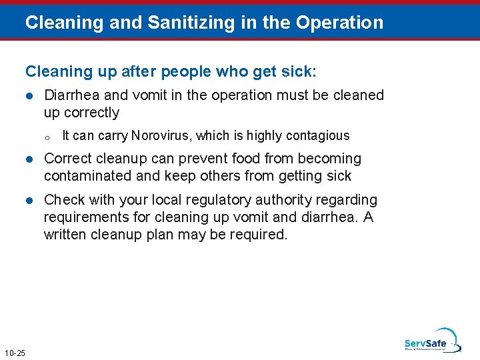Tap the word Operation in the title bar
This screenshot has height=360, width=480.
tap(340, 23)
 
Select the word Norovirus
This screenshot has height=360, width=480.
tap(160, 136)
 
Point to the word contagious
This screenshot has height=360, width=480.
tap(318, 136)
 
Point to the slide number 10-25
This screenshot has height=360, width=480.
tap(15, 353)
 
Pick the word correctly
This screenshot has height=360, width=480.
tap(91, 113)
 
